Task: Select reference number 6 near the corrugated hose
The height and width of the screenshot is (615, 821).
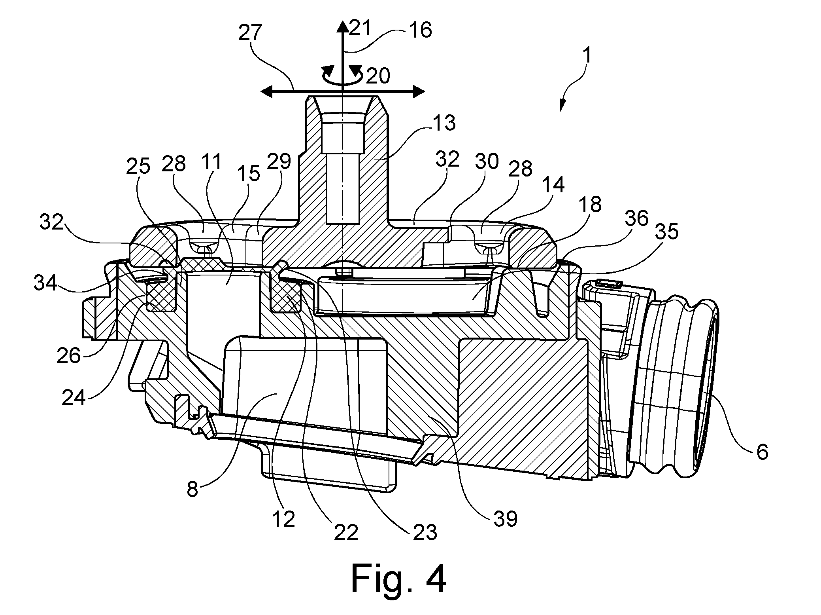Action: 762,452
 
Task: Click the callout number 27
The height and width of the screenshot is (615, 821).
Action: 251,33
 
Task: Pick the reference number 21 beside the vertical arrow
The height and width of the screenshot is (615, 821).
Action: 360,28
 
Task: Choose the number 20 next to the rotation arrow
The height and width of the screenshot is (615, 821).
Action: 378,76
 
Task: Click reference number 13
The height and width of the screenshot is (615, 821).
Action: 444,123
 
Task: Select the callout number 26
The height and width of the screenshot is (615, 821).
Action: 68,356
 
